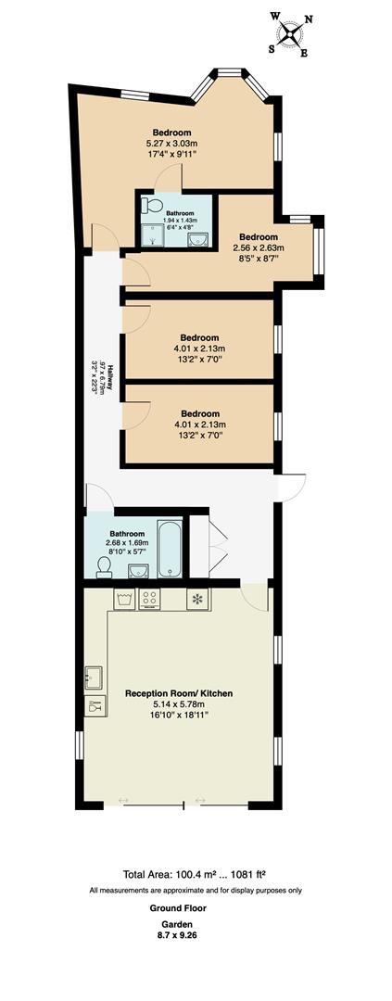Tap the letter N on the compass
[x=309, y=19]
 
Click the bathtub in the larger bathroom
[x=171, y=550]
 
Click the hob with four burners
[x=148, y=600]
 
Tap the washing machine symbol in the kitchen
[x=125, y=600]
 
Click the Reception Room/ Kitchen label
[x=179, y=693]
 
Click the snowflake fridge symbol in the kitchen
[x=196, y=599]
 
